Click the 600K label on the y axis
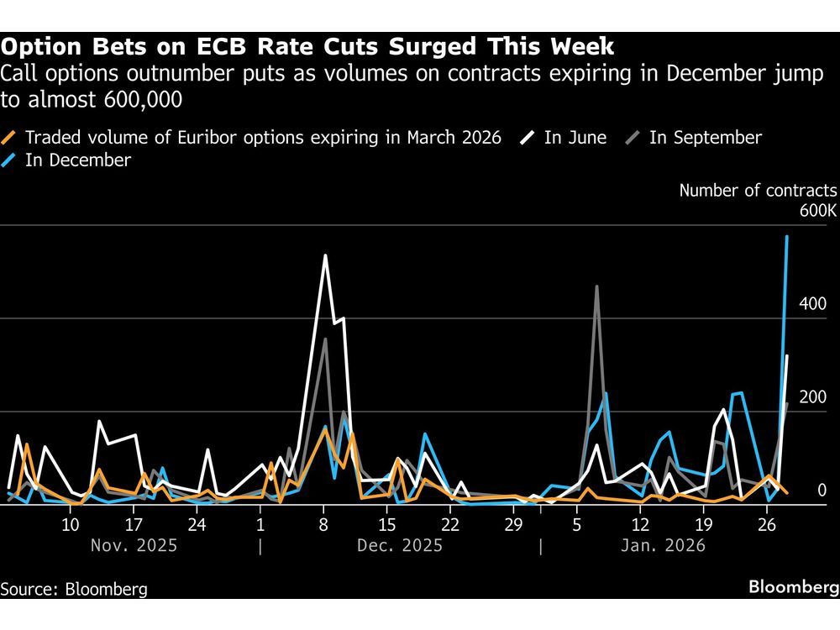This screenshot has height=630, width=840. pos(817,211)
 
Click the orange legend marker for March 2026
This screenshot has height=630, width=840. pos(10,138)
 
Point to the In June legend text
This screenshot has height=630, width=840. pos(575,138)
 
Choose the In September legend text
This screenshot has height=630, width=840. pos(706,138)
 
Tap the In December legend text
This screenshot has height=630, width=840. pos(78,160)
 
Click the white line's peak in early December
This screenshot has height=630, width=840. pos(325,255)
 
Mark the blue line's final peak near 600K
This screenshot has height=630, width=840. pos(786,237)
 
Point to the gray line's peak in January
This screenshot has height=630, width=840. pos(596,286)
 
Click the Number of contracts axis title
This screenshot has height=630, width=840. pos(758,190)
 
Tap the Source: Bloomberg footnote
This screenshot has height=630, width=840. pos(74,589)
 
